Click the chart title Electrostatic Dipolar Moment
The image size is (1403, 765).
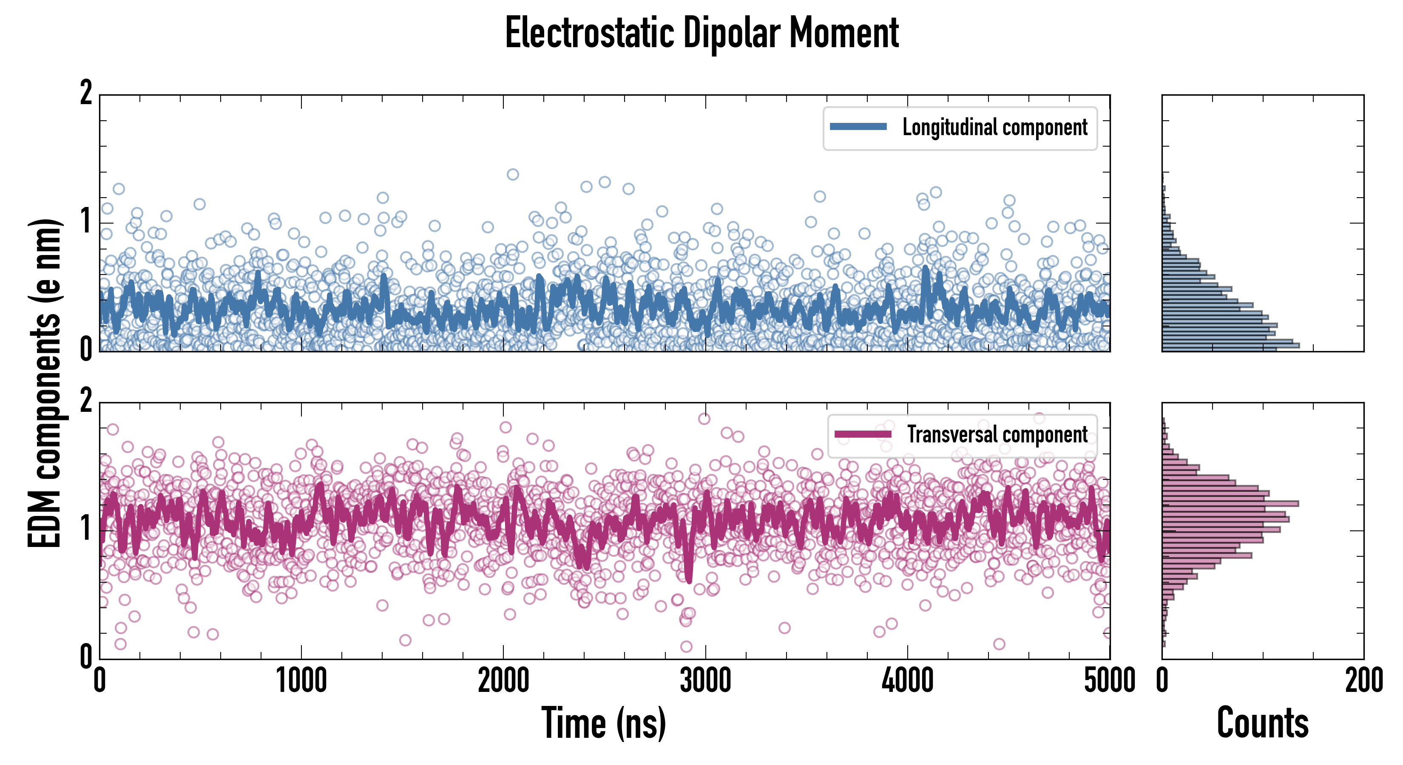click(x=701, y=34)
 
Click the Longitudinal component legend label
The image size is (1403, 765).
click(x=994, y=127)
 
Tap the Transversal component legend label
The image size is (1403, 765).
click(x=997, y=434)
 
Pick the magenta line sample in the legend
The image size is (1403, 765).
click(x=863, y=434)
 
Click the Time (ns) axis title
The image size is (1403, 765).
click(x=603, y=723)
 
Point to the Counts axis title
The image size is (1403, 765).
click(x=1262, y=723)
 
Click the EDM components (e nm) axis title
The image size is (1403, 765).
click(x=45, y=383)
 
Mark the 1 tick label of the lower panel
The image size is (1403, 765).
click(x=86, y=528)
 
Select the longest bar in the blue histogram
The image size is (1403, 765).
click(x=1231, y=345)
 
